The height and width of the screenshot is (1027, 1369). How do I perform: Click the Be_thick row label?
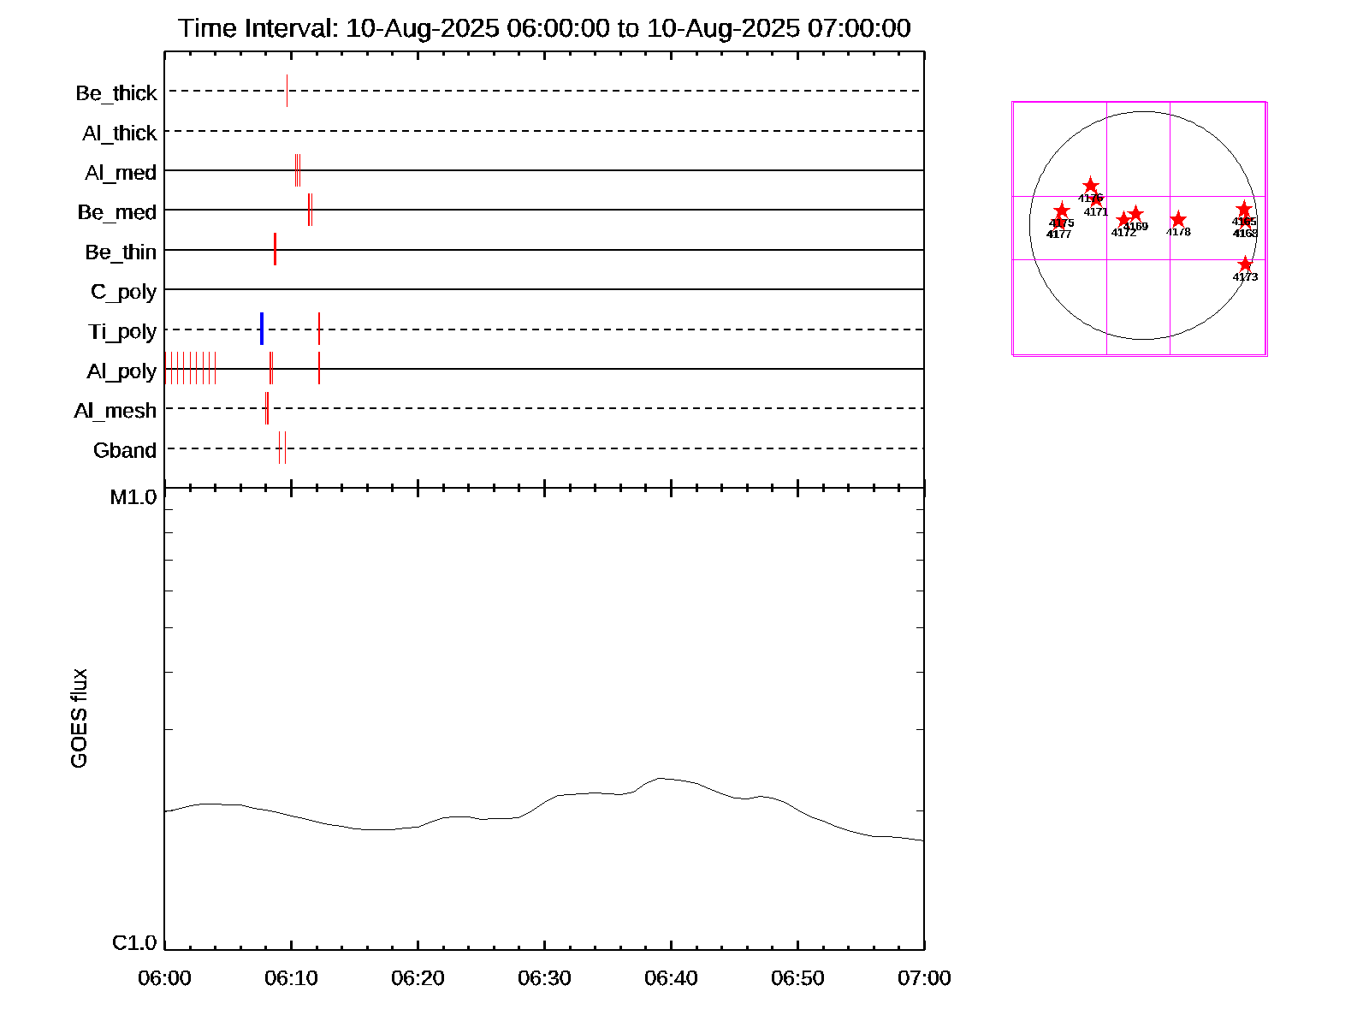coord(116,93)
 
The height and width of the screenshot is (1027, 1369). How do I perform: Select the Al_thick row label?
coord(120,134)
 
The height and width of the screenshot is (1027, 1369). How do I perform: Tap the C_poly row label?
coord(124,293)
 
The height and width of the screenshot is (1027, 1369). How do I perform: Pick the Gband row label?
coord(125,451)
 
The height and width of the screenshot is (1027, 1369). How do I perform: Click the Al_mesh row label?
coord(116,412)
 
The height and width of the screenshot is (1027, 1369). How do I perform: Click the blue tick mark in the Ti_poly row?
coord(262,329)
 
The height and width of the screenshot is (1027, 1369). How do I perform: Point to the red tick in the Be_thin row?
coord(275,249)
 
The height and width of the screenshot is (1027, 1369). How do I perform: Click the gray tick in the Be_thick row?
coord(287,91)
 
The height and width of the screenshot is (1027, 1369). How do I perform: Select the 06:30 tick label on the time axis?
coord(544,978)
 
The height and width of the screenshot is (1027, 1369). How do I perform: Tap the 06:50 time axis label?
coord(797,978)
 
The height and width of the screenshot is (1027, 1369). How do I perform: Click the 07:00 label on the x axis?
coord(924,978)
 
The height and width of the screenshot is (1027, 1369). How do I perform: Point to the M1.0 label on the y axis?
coord(134,497)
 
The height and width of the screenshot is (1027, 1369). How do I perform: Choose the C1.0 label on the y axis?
coord(134,943)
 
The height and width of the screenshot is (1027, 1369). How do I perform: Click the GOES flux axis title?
coord(80,719)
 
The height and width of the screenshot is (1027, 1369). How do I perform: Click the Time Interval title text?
coord(544,28)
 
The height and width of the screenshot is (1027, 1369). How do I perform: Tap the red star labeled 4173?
coord(1245,264)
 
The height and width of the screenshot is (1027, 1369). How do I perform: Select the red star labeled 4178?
coord(1178,220)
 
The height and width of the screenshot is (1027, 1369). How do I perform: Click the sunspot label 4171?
coord(1096,212)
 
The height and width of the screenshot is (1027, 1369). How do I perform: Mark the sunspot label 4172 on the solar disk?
coord(1123,233)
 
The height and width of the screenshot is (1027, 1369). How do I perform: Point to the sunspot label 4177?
coord(1059,234)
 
